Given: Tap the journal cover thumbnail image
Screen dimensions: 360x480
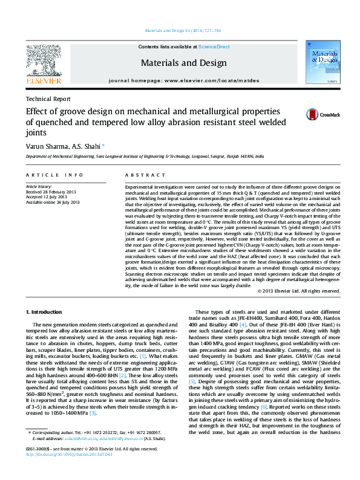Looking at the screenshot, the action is tap(320, 64).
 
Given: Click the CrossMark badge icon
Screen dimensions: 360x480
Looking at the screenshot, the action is tap(312, 114).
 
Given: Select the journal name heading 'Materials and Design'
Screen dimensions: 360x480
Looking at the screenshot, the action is tap(176, 63).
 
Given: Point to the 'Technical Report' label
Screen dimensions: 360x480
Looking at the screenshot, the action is tap(48, 99).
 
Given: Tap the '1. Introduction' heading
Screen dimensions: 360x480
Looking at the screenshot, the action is tap(44, 312).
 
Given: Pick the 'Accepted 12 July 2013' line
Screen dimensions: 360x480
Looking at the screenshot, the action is tap(48, 198).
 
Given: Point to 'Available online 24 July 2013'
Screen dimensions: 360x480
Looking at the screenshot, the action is tap(53, 203).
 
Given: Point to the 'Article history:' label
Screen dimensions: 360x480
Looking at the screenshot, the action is tap(39, 187).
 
